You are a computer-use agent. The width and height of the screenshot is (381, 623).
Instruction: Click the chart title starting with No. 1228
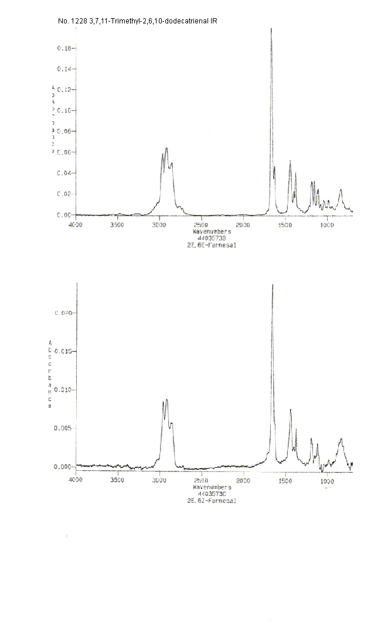click(138, 20)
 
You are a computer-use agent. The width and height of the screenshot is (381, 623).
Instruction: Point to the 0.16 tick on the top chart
click(65, 48)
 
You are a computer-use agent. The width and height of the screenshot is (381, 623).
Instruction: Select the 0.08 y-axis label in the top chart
click(65, 131)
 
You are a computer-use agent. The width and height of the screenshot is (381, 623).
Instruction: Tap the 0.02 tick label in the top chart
click(65, 194)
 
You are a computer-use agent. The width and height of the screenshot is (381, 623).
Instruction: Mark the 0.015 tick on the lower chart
click(63, 351)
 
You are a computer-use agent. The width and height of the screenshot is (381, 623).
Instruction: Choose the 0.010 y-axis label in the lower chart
click(63, 389)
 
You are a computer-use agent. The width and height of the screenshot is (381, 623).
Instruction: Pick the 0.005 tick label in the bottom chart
click(63, 428)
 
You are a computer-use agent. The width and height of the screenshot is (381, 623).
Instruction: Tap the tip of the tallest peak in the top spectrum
click(271, 29)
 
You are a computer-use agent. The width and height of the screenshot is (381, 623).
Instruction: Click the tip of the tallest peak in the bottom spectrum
click(273, 285)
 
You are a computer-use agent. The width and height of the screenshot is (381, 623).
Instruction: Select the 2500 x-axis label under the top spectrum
click(200, 225)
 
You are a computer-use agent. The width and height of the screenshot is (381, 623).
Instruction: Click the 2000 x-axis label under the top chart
click(243, 225)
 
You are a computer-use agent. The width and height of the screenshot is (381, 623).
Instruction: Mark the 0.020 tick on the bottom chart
click(63, 313)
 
